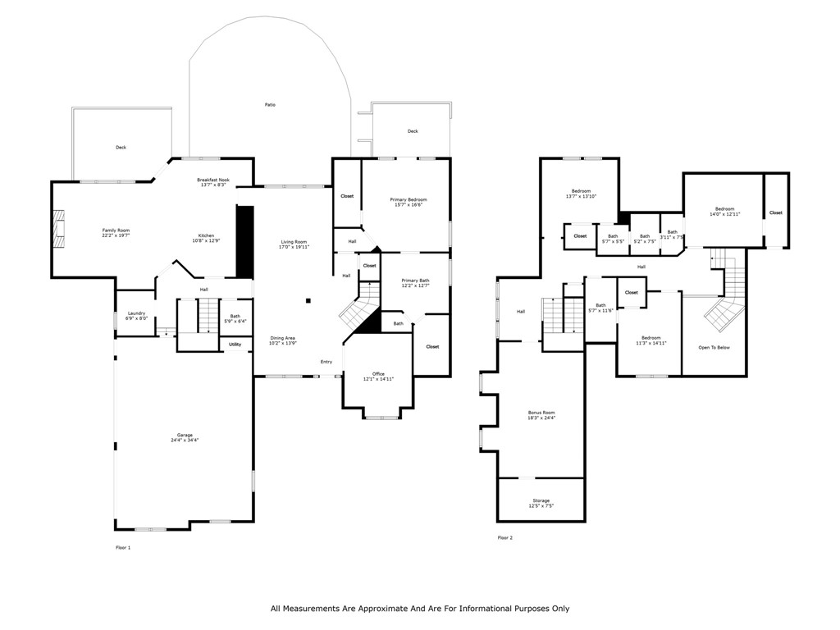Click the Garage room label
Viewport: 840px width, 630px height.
coord(185,436)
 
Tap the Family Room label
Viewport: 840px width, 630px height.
coord(116,231)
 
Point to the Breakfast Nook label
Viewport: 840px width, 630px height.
coord(213,180)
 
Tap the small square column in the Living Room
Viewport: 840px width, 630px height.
coord(308,301)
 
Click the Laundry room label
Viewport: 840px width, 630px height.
coord(136,313)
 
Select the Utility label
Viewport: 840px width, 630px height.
coord(235,344)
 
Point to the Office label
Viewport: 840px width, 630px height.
coord(379,374)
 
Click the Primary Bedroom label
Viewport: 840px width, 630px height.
coord(408,199)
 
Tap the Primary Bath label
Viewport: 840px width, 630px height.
coord(415,281)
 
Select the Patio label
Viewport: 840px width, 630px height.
coord(270,105)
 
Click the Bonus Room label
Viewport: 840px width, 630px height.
coord(541,413)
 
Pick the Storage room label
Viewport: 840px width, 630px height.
coord(541,500)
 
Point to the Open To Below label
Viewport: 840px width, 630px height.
coord(714,348)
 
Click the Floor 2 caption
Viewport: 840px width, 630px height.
coord(504,538)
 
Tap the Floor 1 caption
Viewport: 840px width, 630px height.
coord(122,547)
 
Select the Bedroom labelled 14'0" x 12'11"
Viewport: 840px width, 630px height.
coord(724,208)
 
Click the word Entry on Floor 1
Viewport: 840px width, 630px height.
coord(326,362)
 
